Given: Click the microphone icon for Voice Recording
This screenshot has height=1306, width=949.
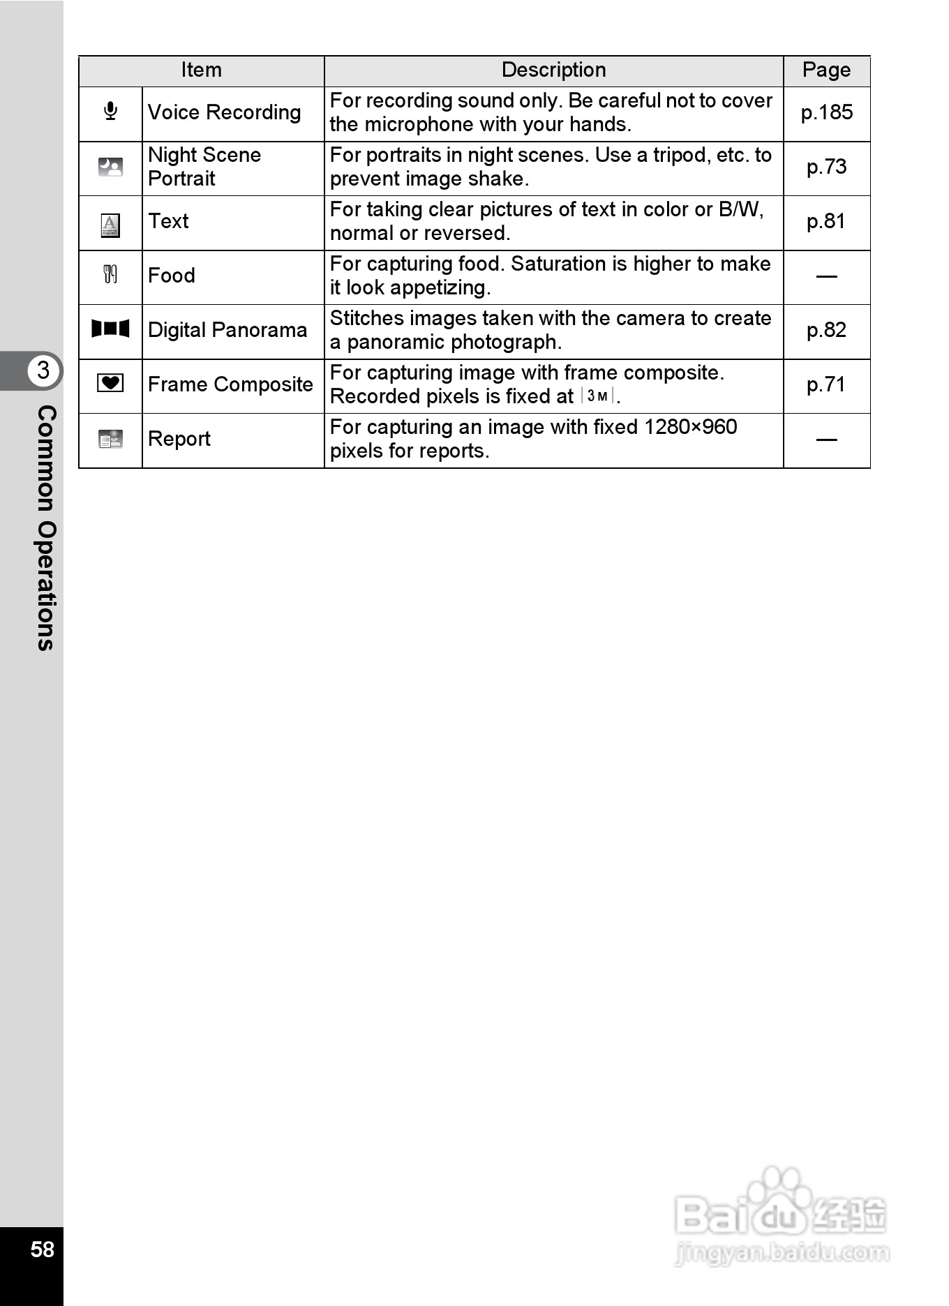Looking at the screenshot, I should point(110,112).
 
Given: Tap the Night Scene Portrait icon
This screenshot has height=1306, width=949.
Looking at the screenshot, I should point(110,167).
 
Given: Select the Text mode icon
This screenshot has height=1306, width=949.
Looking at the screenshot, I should point(110,225).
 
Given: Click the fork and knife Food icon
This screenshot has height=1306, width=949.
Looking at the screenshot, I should point(110,274).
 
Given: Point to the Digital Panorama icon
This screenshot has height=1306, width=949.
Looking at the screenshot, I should point(110,329).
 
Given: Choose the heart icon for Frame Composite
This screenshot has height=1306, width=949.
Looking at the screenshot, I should point(110,383).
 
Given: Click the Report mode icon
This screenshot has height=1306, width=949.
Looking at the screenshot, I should point(110,439).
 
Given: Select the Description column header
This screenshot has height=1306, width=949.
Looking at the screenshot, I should point(553,70).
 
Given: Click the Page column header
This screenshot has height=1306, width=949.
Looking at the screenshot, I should point(826,70).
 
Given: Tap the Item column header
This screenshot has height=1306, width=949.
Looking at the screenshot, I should point(201,70).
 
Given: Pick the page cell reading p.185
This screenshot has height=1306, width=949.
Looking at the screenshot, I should point(826,112).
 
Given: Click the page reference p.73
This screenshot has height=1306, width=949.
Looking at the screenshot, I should point(826,167).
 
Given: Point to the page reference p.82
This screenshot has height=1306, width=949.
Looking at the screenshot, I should point(826,330).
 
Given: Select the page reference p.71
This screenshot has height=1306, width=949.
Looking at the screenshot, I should point(826,384).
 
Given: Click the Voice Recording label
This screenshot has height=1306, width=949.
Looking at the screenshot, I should point(224,112).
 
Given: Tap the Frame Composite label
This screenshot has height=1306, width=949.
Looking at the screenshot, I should point(230,384).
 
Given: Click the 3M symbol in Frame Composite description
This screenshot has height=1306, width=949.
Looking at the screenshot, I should point(597,396).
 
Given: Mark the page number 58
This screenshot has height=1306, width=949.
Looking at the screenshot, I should point(42,1249).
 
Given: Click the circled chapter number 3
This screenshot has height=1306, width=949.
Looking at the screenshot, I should point(43,370).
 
